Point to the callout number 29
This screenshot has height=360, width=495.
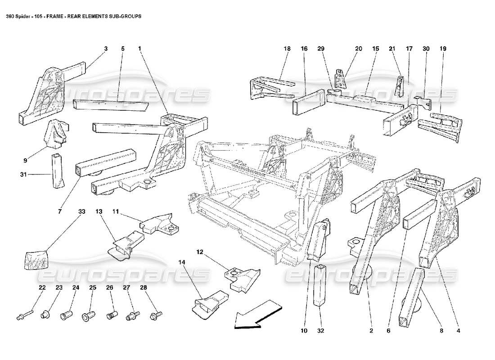tap(320, 48)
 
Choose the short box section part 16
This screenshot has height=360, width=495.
tap(308, 103)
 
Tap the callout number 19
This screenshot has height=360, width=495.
tap(443, 48)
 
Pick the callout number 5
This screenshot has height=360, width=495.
tap(122, 48)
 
